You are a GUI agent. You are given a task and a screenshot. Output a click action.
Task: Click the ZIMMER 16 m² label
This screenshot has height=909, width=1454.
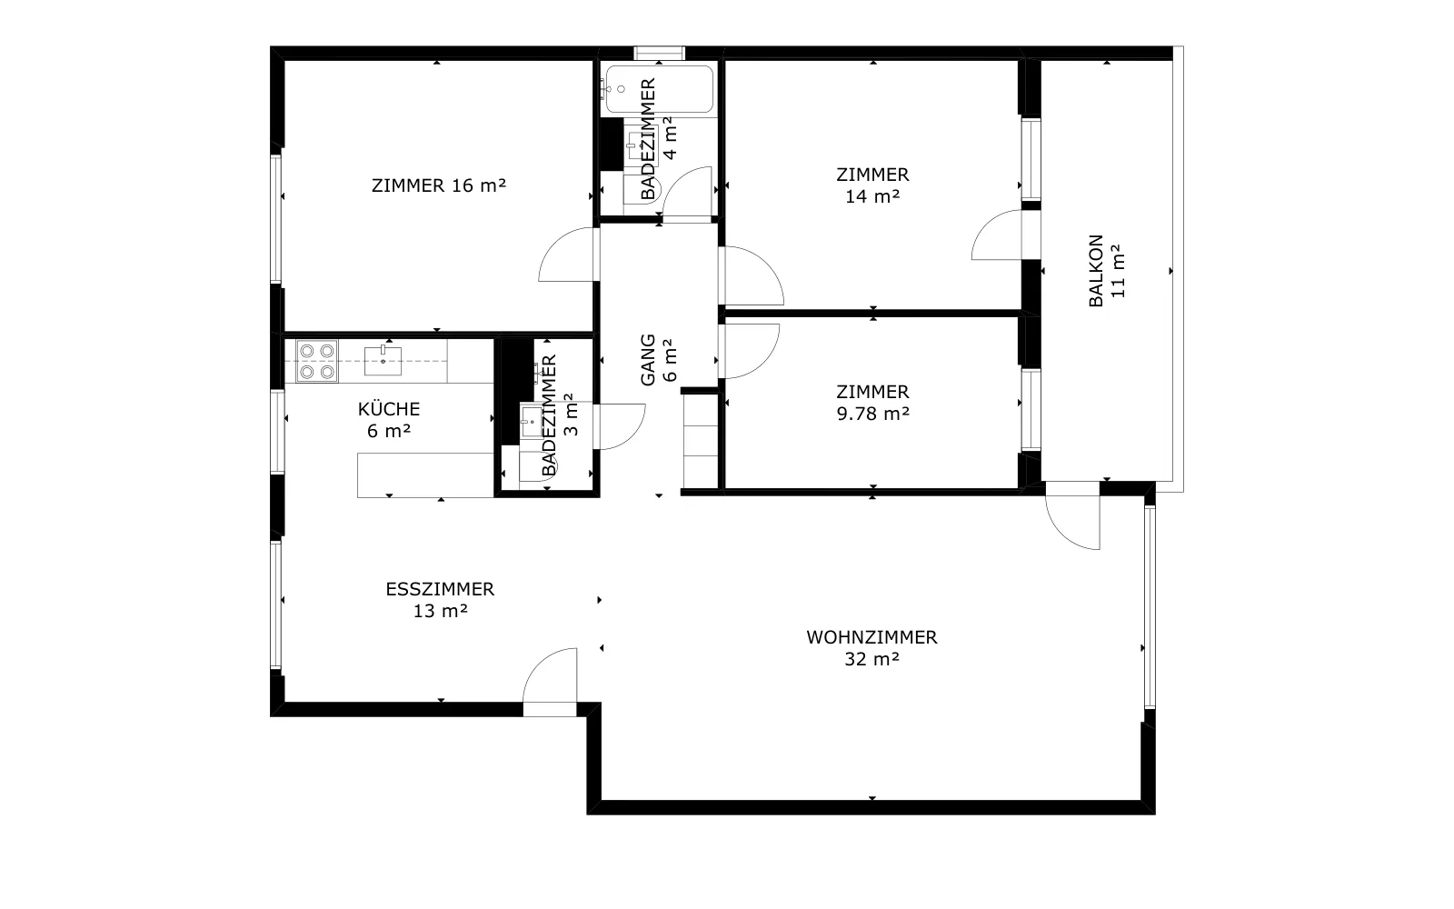439,185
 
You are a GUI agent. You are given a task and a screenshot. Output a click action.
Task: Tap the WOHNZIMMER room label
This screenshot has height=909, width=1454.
871,647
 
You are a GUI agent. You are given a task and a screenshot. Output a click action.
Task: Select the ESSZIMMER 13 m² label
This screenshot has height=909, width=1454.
440,599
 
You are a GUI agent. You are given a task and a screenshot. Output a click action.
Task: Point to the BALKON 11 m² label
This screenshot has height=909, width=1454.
1106,271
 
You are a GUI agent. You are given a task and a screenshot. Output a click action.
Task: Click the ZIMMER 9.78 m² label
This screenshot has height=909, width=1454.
872,403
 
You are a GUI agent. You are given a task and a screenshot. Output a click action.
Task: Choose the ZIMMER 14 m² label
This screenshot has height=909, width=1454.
872,185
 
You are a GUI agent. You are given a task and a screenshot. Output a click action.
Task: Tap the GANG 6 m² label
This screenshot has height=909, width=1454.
658,360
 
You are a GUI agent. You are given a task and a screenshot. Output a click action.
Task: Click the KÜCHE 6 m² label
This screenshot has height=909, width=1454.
389,419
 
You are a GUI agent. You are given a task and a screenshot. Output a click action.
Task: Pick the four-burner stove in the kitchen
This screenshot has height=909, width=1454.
317,360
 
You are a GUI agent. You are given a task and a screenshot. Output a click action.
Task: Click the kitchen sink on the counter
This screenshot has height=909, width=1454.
383,360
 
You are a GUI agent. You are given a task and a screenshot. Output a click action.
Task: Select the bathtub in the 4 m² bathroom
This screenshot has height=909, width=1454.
660,89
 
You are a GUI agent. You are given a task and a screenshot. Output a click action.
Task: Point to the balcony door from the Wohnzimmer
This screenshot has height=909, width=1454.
1072,515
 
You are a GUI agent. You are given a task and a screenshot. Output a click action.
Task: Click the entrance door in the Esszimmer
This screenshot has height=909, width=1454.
550,682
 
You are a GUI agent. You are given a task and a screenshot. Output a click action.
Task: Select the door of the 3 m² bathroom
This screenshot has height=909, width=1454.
620,426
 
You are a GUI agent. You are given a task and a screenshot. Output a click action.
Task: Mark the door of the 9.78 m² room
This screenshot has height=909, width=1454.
750,351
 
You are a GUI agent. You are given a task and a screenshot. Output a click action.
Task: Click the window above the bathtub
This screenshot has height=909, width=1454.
660,53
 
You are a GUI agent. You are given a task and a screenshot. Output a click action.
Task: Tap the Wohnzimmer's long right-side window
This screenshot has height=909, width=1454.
1150,606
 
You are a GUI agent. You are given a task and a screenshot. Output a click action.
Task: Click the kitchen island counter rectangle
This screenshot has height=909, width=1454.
425,475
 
